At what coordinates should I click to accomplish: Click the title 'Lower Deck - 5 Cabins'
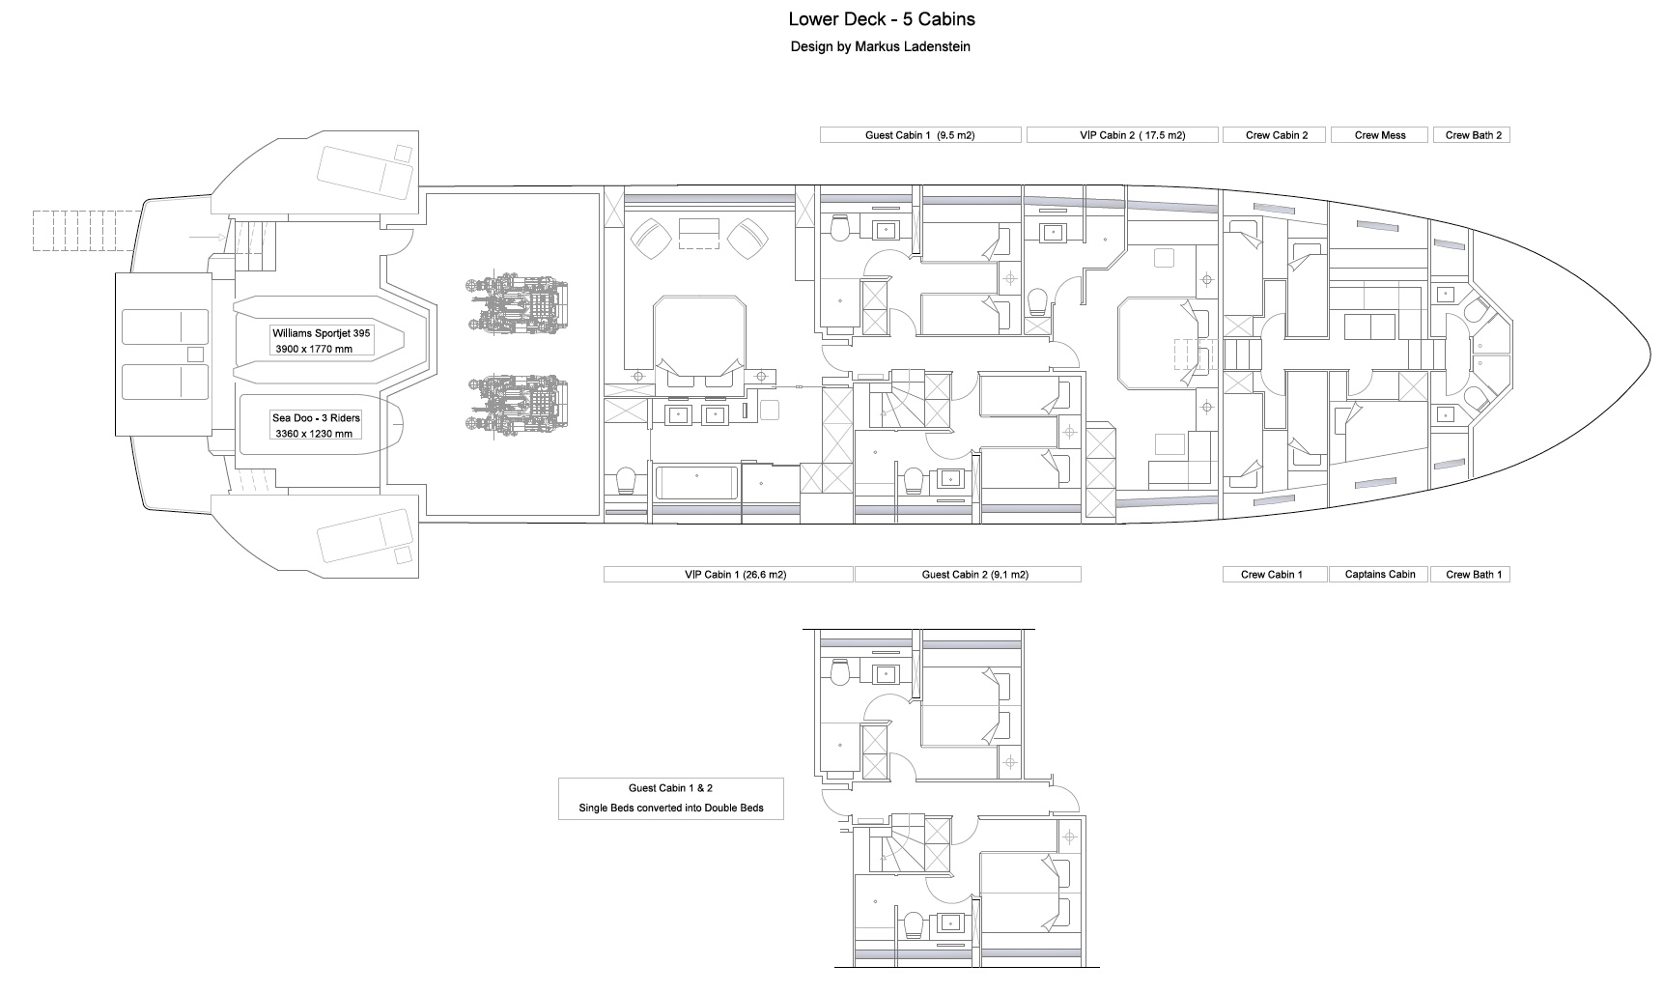[881, 19]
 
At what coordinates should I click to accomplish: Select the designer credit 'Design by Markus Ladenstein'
[881, 46]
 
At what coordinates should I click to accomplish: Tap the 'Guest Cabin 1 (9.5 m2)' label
[920, 135]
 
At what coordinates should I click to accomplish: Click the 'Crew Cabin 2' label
[1277, 135]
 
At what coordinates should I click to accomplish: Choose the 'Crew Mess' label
[1380, 135]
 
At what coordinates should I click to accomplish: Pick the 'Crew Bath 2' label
[1473, 135]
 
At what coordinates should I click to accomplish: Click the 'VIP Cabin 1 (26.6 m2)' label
[728, 575]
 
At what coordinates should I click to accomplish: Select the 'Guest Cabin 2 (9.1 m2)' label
[968, 575]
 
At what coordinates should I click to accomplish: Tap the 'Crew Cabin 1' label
[1272, 575]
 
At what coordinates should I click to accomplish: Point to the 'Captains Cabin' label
[1380, 575]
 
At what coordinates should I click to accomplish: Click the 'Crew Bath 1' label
[1473, 575]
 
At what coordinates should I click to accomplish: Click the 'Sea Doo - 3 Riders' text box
[316, 425]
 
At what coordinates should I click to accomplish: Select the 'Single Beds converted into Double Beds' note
[671, 808]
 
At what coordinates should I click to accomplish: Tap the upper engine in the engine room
[516, 304]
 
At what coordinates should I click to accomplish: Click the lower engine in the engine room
[516, 403]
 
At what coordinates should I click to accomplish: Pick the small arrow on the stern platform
[207, 236]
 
